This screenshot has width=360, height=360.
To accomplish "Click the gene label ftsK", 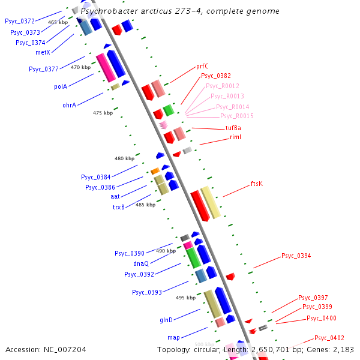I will [x=256, y=184].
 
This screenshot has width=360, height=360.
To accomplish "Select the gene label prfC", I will [x=202, y=67].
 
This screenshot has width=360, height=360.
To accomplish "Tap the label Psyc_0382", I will [x=215, y=76].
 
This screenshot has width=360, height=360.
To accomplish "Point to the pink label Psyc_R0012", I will [x=222, y=86].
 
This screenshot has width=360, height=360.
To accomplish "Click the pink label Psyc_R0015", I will [x=236, y=116].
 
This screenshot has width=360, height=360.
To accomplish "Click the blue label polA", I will [x=61, y=86].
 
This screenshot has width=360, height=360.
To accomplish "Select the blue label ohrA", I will [x=70, y=105].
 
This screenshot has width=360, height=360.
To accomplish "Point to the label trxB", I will [x=119, y=207].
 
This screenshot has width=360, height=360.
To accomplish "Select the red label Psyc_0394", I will [x=296, y=256].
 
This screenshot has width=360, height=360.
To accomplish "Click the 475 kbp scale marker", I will [x=103, y=113].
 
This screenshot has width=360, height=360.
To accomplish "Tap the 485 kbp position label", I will [x=145, y=205].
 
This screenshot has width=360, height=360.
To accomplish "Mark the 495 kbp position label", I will [x=185, y=298].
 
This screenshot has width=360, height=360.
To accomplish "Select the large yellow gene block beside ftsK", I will [x=211, y=202].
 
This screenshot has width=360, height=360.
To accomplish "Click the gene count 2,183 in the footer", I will [x=341, y=349].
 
